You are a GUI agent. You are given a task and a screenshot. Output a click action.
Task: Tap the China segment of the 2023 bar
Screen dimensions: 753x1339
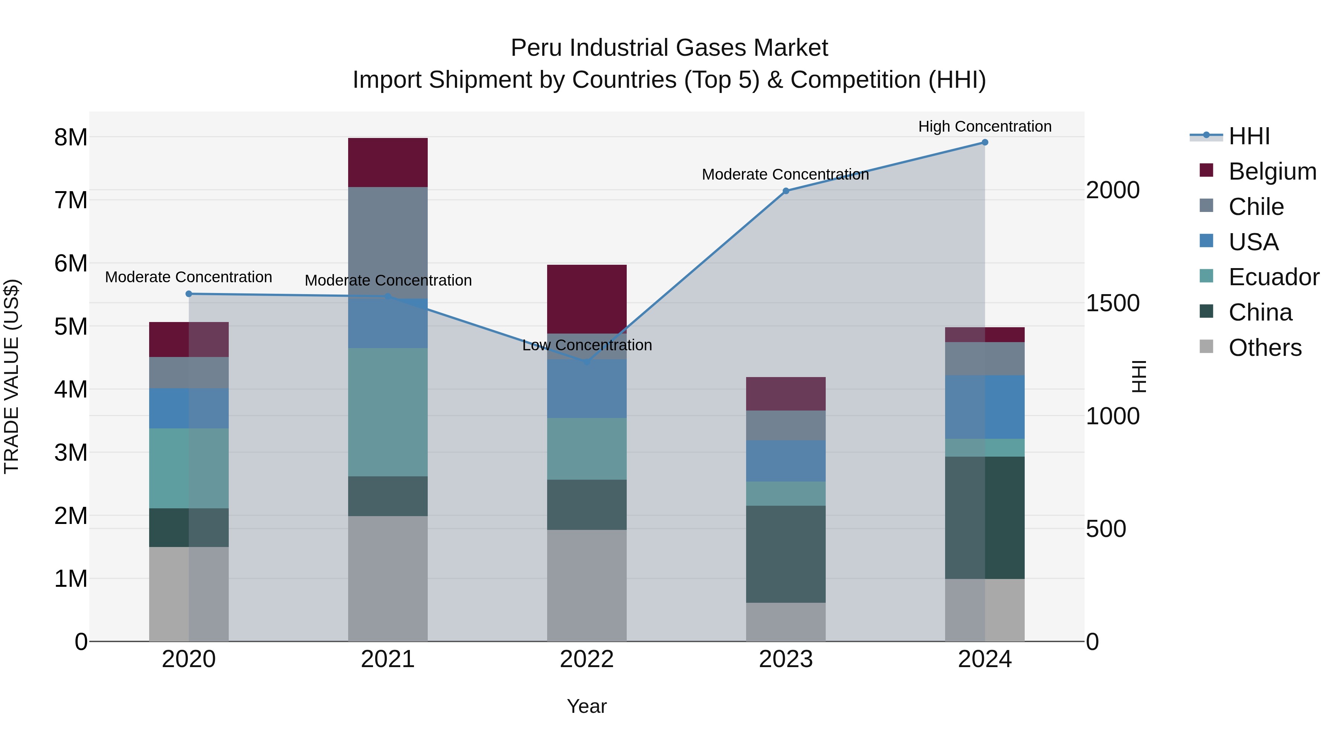pyautogui.click(x=786, y=554)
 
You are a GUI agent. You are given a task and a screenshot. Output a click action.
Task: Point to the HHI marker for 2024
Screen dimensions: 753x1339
pyautogui.click(x=985, y=142)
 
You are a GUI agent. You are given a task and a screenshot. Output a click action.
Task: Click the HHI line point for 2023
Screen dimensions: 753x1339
pyautogui.click(x=786, y=191)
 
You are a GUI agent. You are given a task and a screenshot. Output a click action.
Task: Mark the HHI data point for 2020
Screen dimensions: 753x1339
pyautogui.click(x=189, y=294)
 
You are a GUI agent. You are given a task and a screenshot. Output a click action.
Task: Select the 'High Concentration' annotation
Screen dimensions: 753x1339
pyautogui.click(x=985, y=126)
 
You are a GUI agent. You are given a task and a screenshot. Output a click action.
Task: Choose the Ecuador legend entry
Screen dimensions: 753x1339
pyautogui.click(x=1274, y=277)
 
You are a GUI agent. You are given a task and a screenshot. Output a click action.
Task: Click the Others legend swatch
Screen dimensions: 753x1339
pyautogui.click(x=1206, y=347)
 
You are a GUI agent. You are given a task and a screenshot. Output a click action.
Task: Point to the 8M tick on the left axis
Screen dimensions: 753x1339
pyautogui.click(x=71, y=138)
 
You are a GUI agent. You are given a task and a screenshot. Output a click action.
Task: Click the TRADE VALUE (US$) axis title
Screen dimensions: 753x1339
pyautogui.click(x=12, y=376)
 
